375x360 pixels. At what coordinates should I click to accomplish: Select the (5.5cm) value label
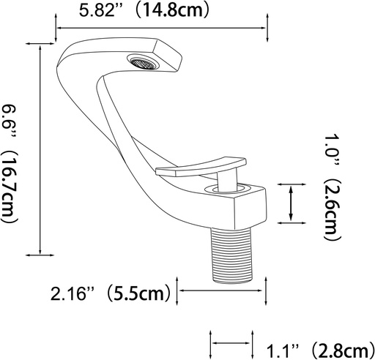coord(140,294)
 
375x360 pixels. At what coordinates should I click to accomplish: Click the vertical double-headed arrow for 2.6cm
coord(292,202)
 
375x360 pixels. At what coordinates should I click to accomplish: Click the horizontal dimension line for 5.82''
coord(161,29)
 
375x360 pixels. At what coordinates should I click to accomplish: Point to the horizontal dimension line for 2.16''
coord(223,290)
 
